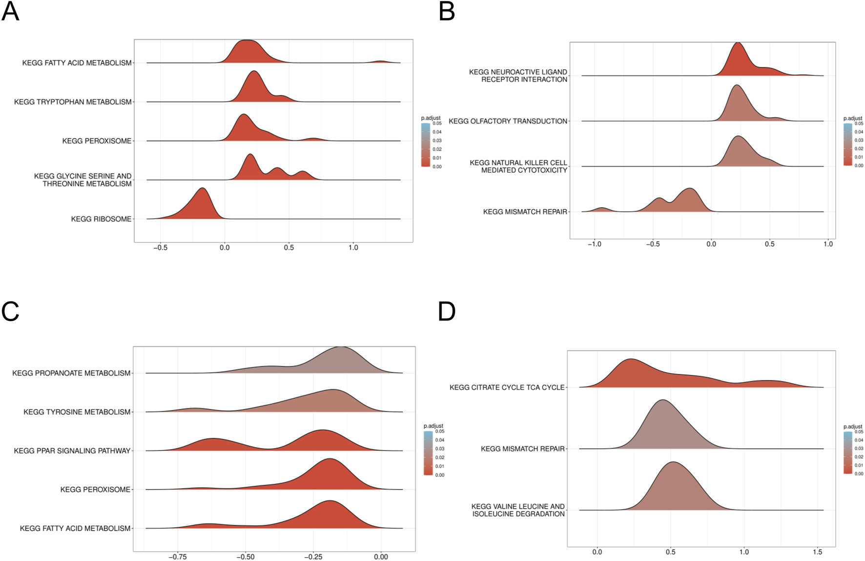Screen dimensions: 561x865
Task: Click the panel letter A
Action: coord(10,12)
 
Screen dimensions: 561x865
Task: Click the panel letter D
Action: coord(447,312)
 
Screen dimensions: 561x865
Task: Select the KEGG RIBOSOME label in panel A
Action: coord(101,219)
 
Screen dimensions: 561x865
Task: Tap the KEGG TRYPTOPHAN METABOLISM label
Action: coord(73,102)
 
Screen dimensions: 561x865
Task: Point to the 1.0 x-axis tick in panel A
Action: coord(353,248)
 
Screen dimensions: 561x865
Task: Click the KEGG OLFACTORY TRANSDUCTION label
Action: coord(508,121)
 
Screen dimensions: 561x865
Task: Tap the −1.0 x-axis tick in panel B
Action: coord(594,244)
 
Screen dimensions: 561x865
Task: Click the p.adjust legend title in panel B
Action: coord(853,118)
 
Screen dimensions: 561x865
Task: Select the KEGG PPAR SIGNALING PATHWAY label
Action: coord(72,451)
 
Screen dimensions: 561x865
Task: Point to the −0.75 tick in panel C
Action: coord(178,557)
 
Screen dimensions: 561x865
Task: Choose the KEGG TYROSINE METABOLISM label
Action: coord(77,412)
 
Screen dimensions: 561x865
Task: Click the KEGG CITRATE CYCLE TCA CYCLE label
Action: coord(507,387)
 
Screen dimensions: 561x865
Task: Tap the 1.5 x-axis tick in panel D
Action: coord(817,552)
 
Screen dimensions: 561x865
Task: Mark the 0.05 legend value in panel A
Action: coord(437,123)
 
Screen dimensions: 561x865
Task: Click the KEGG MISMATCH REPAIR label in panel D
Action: coord(522,449)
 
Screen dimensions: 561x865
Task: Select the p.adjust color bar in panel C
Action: coord(428,453)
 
